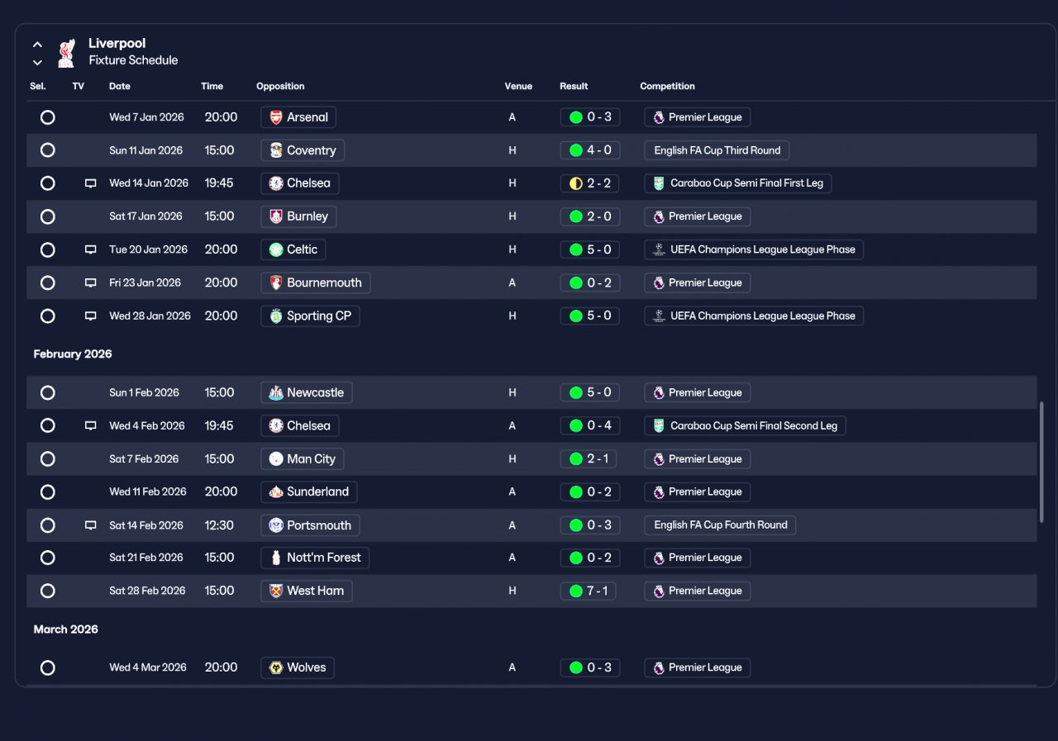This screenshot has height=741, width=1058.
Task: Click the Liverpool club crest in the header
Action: (66, 53)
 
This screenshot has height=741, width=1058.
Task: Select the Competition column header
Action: (667, 86)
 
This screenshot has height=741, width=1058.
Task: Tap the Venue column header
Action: (518, 86)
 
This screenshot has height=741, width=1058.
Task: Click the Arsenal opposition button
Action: (298, 117)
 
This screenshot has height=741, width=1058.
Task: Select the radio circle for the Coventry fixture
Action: (48, 150)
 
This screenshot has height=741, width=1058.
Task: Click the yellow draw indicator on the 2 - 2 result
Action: (576, 183)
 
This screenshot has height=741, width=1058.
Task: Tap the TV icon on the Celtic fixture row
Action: (90, 249)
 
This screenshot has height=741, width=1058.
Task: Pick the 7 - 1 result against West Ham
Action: (588, 591)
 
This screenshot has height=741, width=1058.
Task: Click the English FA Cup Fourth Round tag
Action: (720, 525)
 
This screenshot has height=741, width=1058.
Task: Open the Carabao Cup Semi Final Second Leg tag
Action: (745, 425)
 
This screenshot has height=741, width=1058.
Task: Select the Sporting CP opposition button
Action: (310, 316)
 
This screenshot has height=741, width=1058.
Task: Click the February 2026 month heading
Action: (73, 354)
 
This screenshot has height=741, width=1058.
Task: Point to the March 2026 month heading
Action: (65, 629)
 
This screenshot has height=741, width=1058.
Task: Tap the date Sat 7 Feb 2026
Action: (144, 458)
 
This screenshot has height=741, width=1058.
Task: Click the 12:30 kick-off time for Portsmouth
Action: (219, 525)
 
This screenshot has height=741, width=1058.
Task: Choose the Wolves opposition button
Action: (297, 667)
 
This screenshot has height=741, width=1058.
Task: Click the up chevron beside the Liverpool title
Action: (37, 45)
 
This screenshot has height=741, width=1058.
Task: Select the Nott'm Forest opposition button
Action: (315, 558)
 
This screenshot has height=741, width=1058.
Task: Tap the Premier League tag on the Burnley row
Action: (697, 216)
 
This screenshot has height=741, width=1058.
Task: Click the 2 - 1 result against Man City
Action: (588, 458)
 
